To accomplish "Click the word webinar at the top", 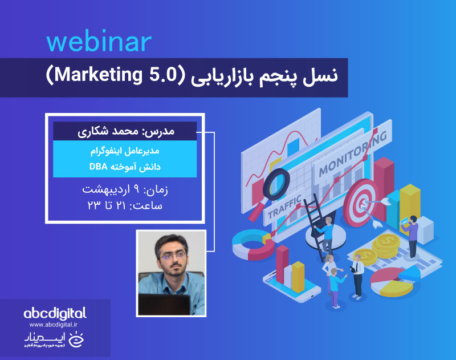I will click(x=99, y=42).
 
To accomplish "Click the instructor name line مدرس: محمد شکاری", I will click(x=125, y=131).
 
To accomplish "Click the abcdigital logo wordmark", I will click(x=55, y=313).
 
